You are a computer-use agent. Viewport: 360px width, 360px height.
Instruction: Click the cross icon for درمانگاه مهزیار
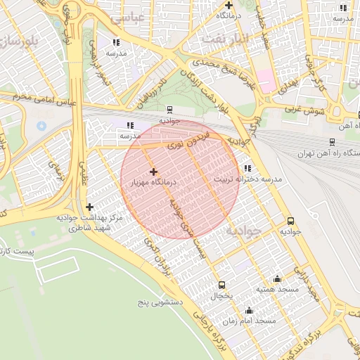pyautogui.click(x=153, y=172)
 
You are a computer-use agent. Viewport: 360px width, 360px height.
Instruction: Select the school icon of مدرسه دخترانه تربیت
pyautogui.click(x=247, y=169)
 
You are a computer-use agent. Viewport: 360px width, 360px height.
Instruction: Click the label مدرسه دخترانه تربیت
pyautogui.click(x=248, y=179)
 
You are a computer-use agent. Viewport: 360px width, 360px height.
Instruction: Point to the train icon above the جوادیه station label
pyautogui.click(x=169, y=110)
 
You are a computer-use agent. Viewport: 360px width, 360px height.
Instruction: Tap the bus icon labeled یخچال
pyautogui.click(x=223, y=285)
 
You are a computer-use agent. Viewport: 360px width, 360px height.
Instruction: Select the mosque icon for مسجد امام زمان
pyautogui.click(x=248, y=310)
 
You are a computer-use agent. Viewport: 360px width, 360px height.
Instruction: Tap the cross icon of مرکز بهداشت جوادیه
pyautogui.click(x=89, y=207)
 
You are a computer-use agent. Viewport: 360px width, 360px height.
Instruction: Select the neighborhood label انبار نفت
pyautogui.click(x=225, y=38)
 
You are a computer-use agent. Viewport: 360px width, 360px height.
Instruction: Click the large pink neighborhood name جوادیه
pyautogui.click(x=244, y=230)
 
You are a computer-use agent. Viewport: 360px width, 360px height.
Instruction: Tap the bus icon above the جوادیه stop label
pyautogui.click(x=291, y=219)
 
